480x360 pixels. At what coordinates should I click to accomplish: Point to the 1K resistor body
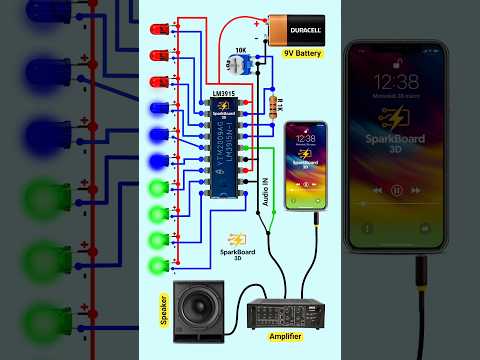point(274,102)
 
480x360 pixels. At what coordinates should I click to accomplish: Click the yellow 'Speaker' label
point(164,309)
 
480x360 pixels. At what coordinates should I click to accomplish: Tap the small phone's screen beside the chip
point(306,165)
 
